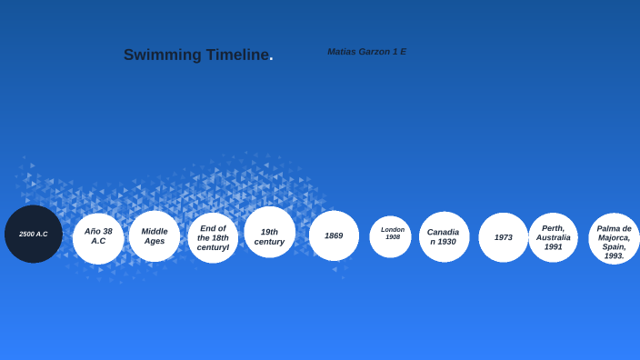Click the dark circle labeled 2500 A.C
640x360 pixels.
34,235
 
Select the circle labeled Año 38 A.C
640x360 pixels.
98,238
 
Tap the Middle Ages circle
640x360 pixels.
155,236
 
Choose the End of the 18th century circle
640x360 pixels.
213,238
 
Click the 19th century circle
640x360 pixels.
269,233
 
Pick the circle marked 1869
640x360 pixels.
334,235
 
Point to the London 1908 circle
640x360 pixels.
390,236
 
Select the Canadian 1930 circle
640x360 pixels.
444,237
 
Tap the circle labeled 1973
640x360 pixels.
504,237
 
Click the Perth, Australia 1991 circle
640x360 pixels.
553,237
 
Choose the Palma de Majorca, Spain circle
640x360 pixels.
614,239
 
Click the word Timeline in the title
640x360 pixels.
236,55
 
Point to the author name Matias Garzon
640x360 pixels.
358,52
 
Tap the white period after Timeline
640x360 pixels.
271,59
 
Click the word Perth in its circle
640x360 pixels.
553,228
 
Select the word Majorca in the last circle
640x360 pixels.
614,237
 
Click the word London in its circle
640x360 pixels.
393,230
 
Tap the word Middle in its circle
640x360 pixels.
155,231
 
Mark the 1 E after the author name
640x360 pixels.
399,52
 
